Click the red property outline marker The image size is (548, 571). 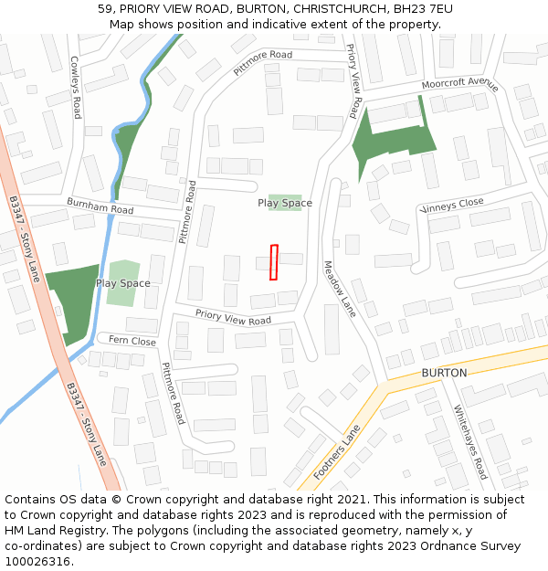point(273,261)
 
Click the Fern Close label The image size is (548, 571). point(132,341)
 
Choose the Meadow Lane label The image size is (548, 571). point(339,289)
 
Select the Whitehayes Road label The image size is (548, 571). point(470,442)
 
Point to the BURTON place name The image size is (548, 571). point(444,373)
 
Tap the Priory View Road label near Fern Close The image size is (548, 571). point(234,316)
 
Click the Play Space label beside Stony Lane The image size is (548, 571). point(123,283)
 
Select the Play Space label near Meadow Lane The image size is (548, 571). point(284,203)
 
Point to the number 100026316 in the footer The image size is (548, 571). point(37,561)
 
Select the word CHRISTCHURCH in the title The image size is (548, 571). point(335,9)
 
